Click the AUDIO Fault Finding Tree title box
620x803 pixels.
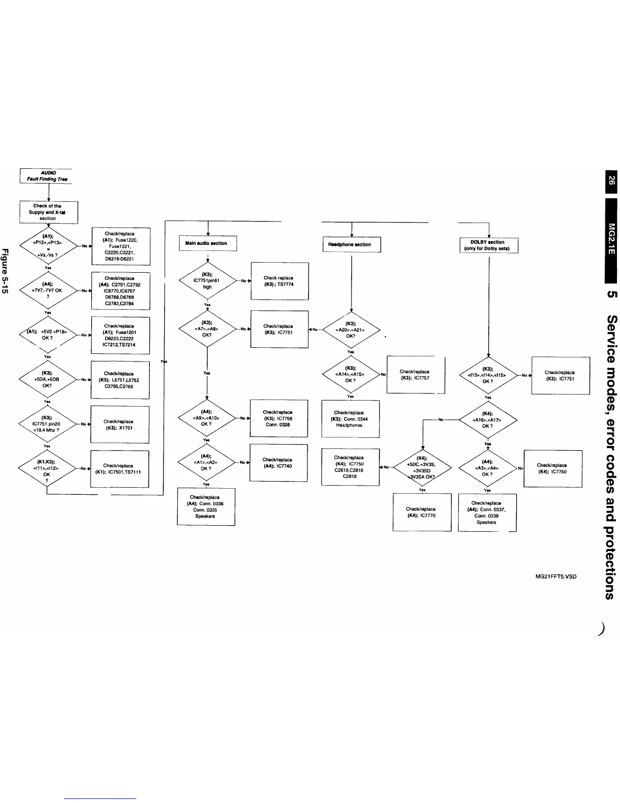[x=46, y=176]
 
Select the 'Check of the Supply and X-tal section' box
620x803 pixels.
[x=48, y=212]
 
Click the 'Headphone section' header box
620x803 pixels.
[x=351, y=244]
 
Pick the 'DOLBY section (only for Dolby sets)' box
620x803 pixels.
[x=488, y=245]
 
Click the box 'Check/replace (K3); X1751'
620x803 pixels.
[x=119, y=424]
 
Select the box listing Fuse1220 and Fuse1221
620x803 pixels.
[x=121, y=246]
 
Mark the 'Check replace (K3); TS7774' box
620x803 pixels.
[x=279, y=281]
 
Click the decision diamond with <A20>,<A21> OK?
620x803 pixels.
[x=351, y=330]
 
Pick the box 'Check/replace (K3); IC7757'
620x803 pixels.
[x=415, y=375]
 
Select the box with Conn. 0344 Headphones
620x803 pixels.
[x=350, y=419]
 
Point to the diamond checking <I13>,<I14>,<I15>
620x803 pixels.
[x=488, y=376]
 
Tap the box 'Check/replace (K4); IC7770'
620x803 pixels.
[x=421, y=512]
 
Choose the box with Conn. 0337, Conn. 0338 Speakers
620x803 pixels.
[x=487, y=513]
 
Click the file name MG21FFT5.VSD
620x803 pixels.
[x=556, y=577]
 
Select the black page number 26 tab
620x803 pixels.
[x=611, y=180]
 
